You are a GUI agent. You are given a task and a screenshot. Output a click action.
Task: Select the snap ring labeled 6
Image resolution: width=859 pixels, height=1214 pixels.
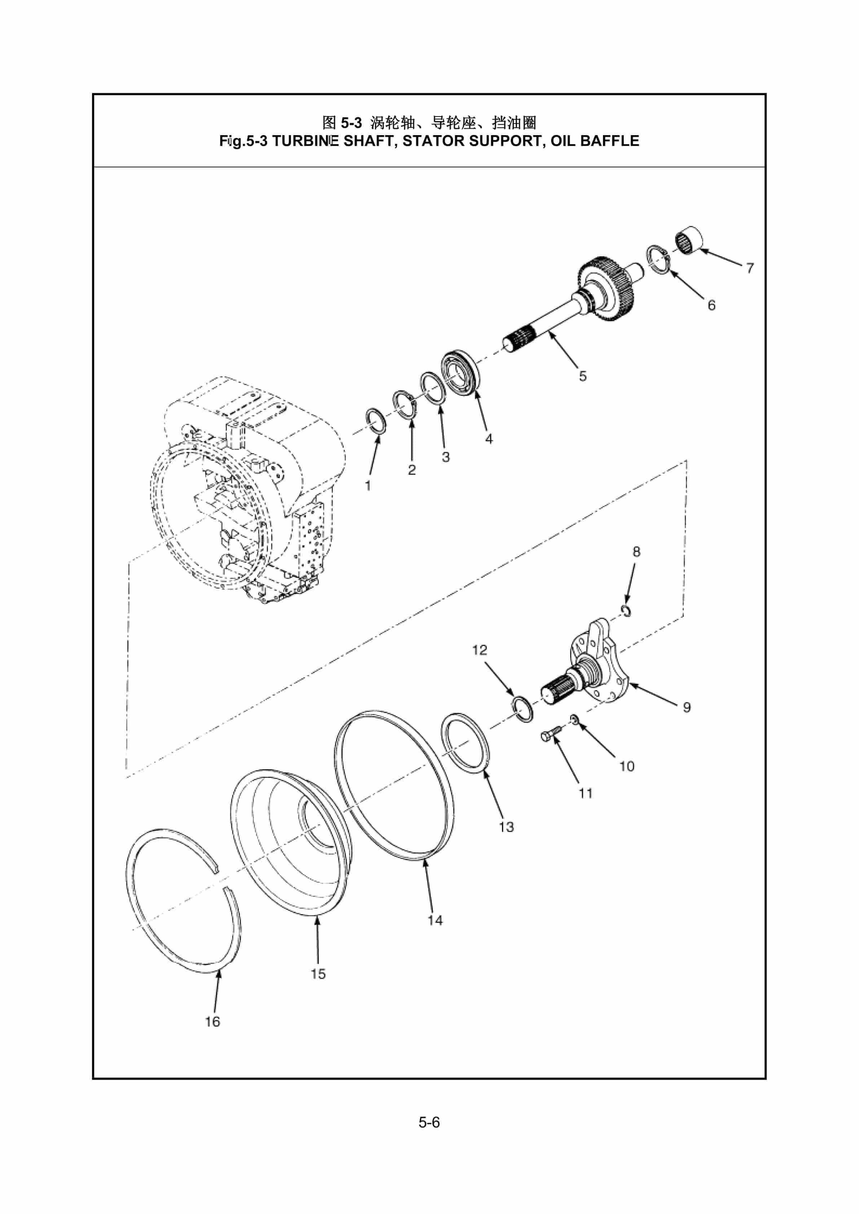[659, 260]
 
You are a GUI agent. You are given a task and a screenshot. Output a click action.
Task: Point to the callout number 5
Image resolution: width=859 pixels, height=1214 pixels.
[582, 376]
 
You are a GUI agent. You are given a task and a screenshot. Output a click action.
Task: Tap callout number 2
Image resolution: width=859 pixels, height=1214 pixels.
[411, 470]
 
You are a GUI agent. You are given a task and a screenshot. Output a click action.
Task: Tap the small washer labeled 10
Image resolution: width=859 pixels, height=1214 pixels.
[575, 719]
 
